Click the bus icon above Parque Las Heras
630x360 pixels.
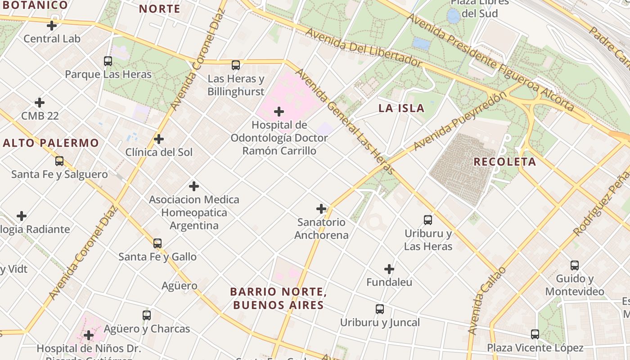tap(108, 61)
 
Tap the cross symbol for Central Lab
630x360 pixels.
tap(52, 26)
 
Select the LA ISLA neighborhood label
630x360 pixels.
tap(401, 108)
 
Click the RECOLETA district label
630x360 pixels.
tap(505, 162)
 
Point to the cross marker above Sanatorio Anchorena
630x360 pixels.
tap(321, 209)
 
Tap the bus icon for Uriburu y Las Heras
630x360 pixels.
tap(428, 220)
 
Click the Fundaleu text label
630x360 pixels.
tap(389, 283)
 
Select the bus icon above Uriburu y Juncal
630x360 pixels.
tap(380, 309)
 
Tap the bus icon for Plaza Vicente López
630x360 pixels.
tap(535, 334)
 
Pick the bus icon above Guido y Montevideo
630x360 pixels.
tap(575, 265)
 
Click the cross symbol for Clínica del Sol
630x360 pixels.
tap(159, 139)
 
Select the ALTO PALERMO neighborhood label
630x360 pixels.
tap(51, 143)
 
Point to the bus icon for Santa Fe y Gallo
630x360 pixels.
tap(157, 243)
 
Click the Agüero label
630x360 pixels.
tap(179, 286)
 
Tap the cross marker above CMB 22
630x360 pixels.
tap(40, 103)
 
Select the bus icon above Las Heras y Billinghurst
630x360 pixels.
tap(236, 65)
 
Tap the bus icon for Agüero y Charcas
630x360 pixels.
tap(147, 315)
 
